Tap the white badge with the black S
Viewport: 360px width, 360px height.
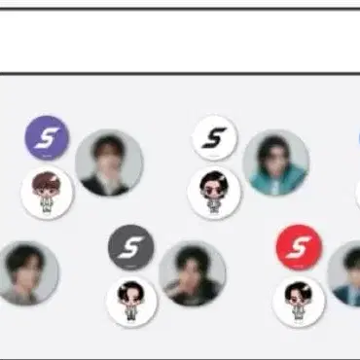point(215,138)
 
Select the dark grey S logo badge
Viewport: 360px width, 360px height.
point(130,249)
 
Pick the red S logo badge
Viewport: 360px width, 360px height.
point(299,247)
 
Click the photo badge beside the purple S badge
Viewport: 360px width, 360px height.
point(109,162)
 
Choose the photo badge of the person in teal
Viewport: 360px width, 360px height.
point(276,162)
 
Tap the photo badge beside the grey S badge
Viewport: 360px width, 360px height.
point(193,273)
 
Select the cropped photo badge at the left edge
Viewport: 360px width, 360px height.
point(25,272)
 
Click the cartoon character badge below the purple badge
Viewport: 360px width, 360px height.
point(47,192)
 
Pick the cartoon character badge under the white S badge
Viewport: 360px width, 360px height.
point(214,192)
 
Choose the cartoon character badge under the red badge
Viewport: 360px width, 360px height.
point(298,301)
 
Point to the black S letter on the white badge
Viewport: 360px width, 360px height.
point(215,138)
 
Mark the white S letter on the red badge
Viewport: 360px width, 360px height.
point(299,247)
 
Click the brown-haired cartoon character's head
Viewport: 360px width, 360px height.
point(47,183)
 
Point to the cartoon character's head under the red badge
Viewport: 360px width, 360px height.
point(298,292)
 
